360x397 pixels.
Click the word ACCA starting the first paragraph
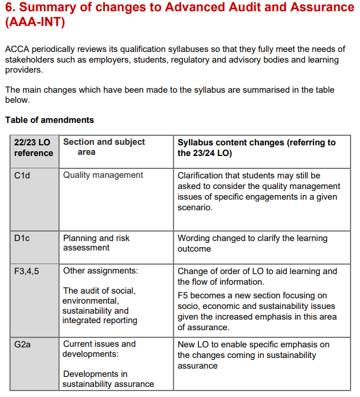pyautogui.click(x=17, y=50)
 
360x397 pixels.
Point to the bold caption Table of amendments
pyautogui.click(x=50, y=120)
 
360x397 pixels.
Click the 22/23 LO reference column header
pyautogui.click(x=34, y=148)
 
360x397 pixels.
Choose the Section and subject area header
pyautogui.click(x=104, y=147)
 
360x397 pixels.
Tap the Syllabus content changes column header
pyautogui.click(x=256, y=148)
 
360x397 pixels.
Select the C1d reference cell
pyautogui.click(x=22, y=175)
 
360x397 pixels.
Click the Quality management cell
pyautogui.click(x=103, y=175)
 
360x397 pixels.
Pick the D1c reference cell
pyautogui.click(x=22, y=238)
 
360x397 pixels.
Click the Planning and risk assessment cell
pyautogui.click(x=96, y=243)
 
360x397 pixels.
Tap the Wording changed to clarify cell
pyautogui.click(x=252, y=243)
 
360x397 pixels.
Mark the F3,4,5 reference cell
pyautogui.click(x=27, y=271)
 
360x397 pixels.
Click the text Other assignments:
pyautogui.click(x=100, y=271)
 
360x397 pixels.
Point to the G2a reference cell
pyautogui.click(x=23, y=344)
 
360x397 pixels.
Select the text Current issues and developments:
pyautogui.click(x=99, y=349)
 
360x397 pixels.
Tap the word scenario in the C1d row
pyautogui.click(x=195, y=208)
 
